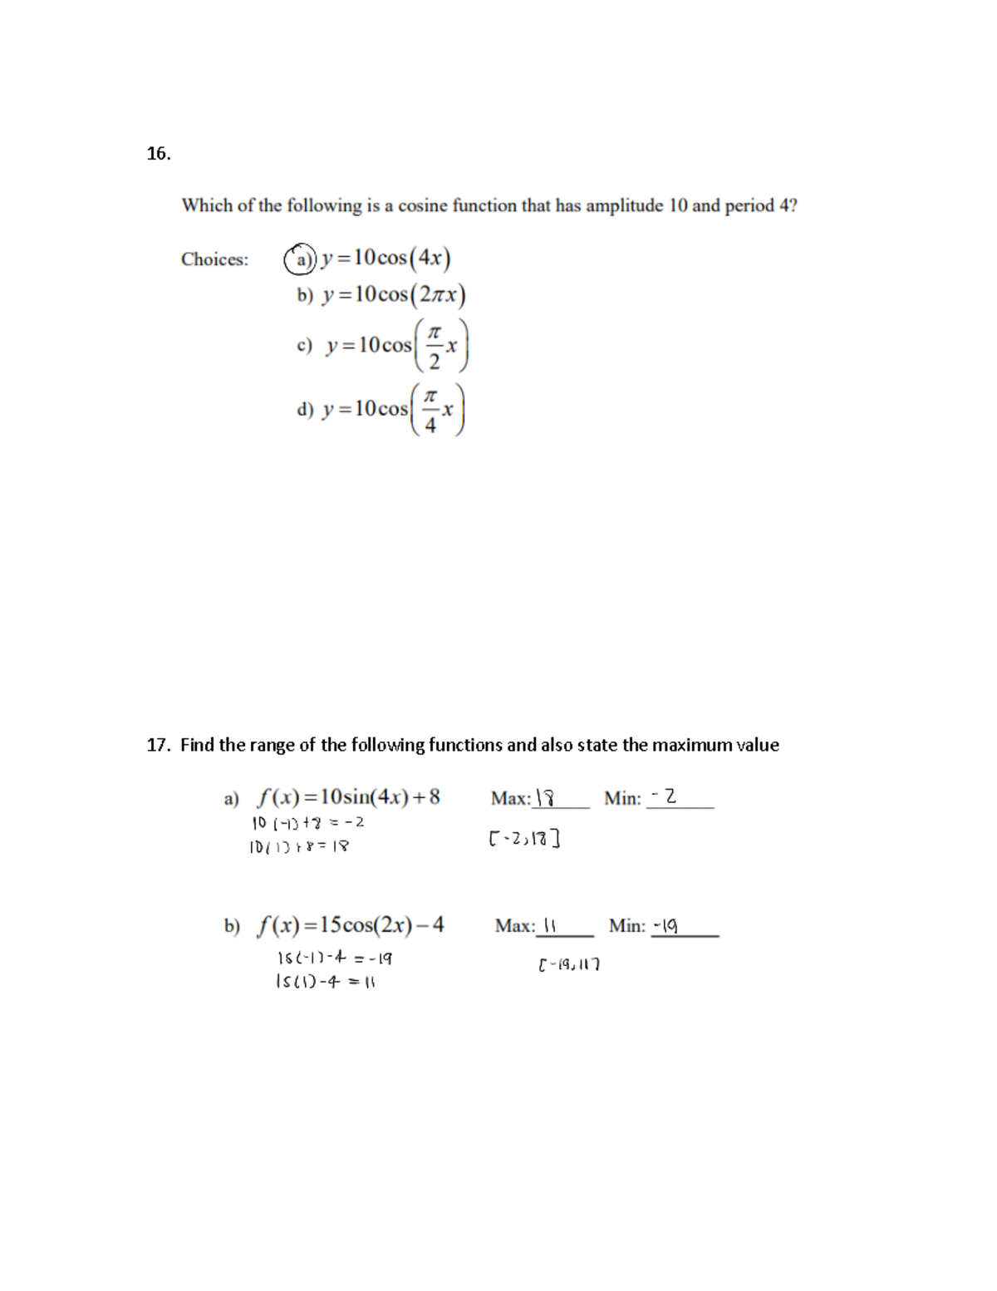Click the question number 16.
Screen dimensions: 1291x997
point(158,153)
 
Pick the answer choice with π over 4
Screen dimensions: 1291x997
point(381,409)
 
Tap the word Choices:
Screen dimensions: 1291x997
point(214,259)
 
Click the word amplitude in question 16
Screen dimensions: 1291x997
point(623,205)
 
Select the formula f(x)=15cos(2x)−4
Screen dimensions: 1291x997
point(351,924)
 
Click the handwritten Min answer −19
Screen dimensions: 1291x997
point(666,924)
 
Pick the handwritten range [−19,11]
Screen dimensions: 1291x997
point(569,965)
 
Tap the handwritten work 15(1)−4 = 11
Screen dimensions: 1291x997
point(325,982)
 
